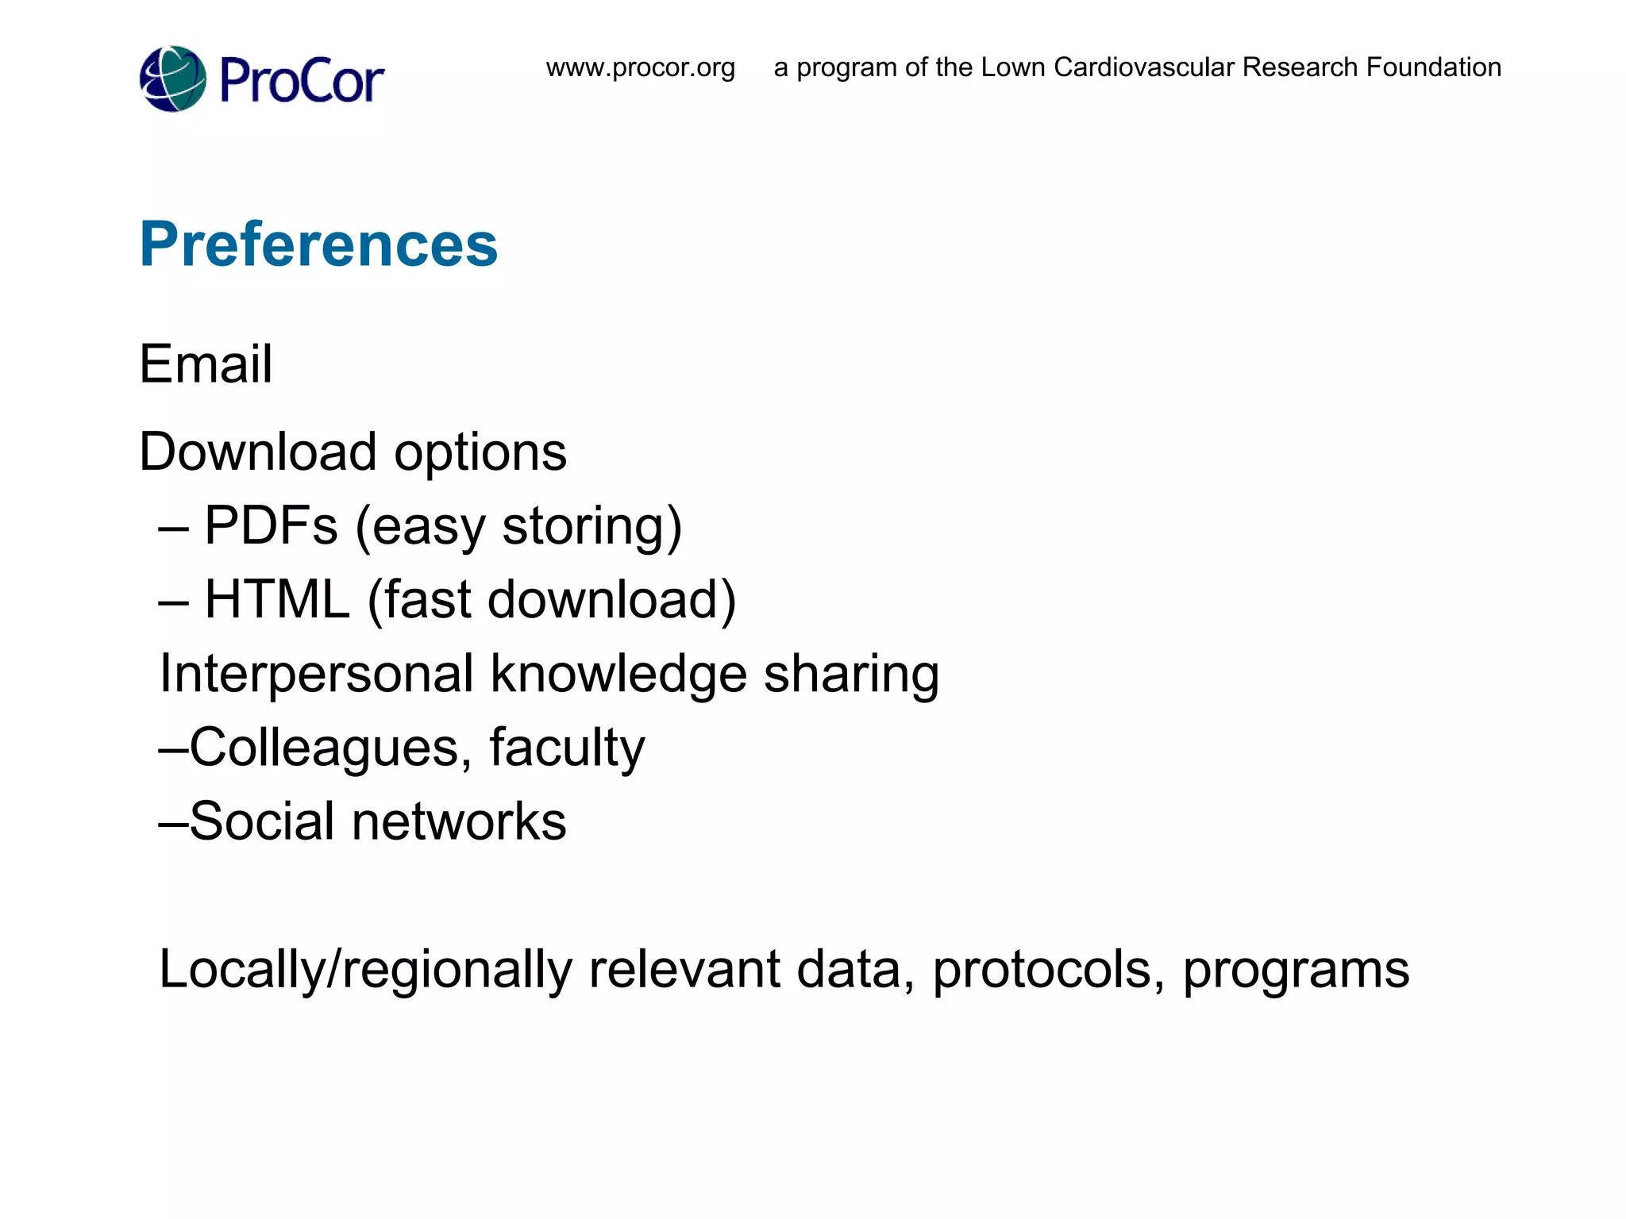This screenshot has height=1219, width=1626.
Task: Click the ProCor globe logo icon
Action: coord(173,79)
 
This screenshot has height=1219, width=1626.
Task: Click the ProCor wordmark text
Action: coord(302,80)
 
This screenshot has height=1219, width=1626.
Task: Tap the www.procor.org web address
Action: coord(640,67)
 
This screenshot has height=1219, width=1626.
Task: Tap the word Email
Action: coord(206,364)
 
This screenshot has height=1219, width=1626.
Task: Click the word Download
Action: coord(257,452)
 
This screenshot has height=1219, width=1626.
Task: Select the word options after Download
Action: coord(480,453)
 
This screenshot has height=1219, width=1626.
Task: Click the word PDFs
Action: coord(271,525)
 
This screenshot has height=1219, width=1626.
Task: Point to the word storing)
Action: coord(592,527)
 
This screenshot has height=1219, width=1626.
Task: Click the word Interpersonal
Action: coord(317,674)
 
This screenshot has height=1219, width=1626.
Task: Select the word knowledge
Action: coord(618,674)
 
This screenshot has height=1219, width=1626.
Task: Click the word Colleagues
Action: coord(325,748)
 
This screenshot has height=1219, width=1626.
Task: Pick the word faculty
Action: coord(567,748)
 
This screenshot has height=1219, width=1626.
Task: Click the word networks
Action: coord(459,821)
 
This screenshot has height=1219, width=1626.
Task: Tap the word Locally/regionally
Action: coord(365,970)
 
